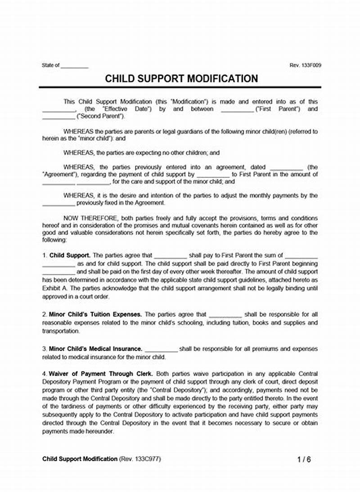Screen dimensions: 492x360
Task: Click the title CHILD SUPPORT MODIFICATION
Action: [x=181, y=78]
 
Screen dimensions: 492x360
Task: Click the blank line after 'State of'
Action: [x=74, y=66]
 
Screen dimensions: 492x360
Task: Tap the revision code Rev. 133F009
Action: [x=305, y=65]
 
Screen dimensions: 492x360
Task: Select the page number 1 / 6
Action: [x=304, y=460]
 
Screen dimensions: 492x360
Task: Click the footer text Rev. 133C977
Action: [x=140, y=459]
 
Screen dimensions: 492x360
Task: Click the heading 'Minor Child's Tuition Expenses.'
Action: [x=96, y=314]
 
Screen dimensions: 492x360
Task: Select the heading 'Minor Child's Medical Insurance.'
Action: [x=96, y=349]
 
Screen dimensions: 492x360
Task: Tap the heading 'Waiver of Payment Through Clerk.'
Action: [x=101, y=374]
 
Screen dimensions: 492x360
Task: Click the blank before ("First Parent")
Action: [x=237, y=109]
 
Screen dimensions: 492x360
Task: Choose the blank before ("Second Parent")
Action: [x=58, y=117]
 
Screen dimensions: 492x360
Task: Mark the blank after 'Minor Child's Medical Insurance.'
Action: [x=162, y=349]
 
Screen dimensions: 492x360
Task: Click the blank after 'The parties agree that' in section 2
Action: [x=225, y=315]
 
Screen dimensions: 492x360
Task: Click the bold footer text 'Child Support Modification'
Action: [x=80, y=459]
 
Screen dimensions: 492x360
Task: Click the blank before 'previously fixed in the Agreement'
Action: [x=58, y=203]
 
